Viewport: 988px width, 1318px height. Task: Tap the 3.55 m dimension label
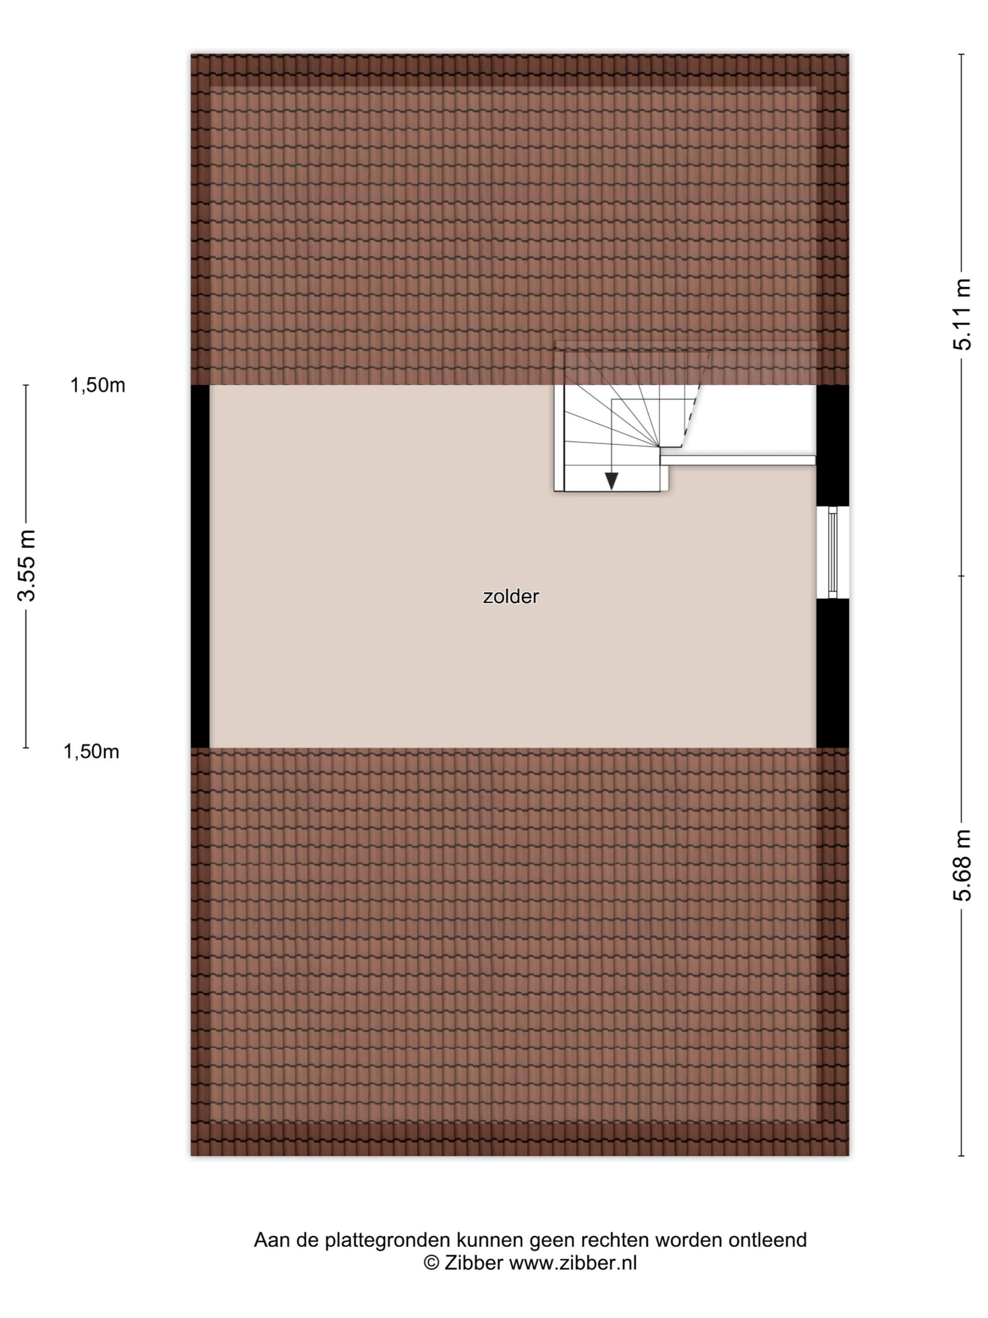27,565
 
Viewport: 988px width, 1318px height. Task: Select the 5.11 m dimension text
962,314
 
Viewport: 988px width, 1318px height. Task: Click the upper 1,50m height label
98,386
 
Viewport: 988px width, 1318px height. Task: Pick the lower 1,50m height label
91,752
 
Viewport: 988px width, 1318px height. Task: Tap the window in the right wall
832,552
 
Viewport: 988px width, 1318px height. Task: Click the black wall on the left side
200,566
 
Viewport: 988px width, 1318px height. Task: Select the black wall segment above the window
832,446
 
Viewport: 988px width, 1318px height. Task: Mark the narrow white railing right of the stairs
738,460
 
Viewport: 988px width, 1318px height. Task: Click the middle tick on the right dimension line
961,576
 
